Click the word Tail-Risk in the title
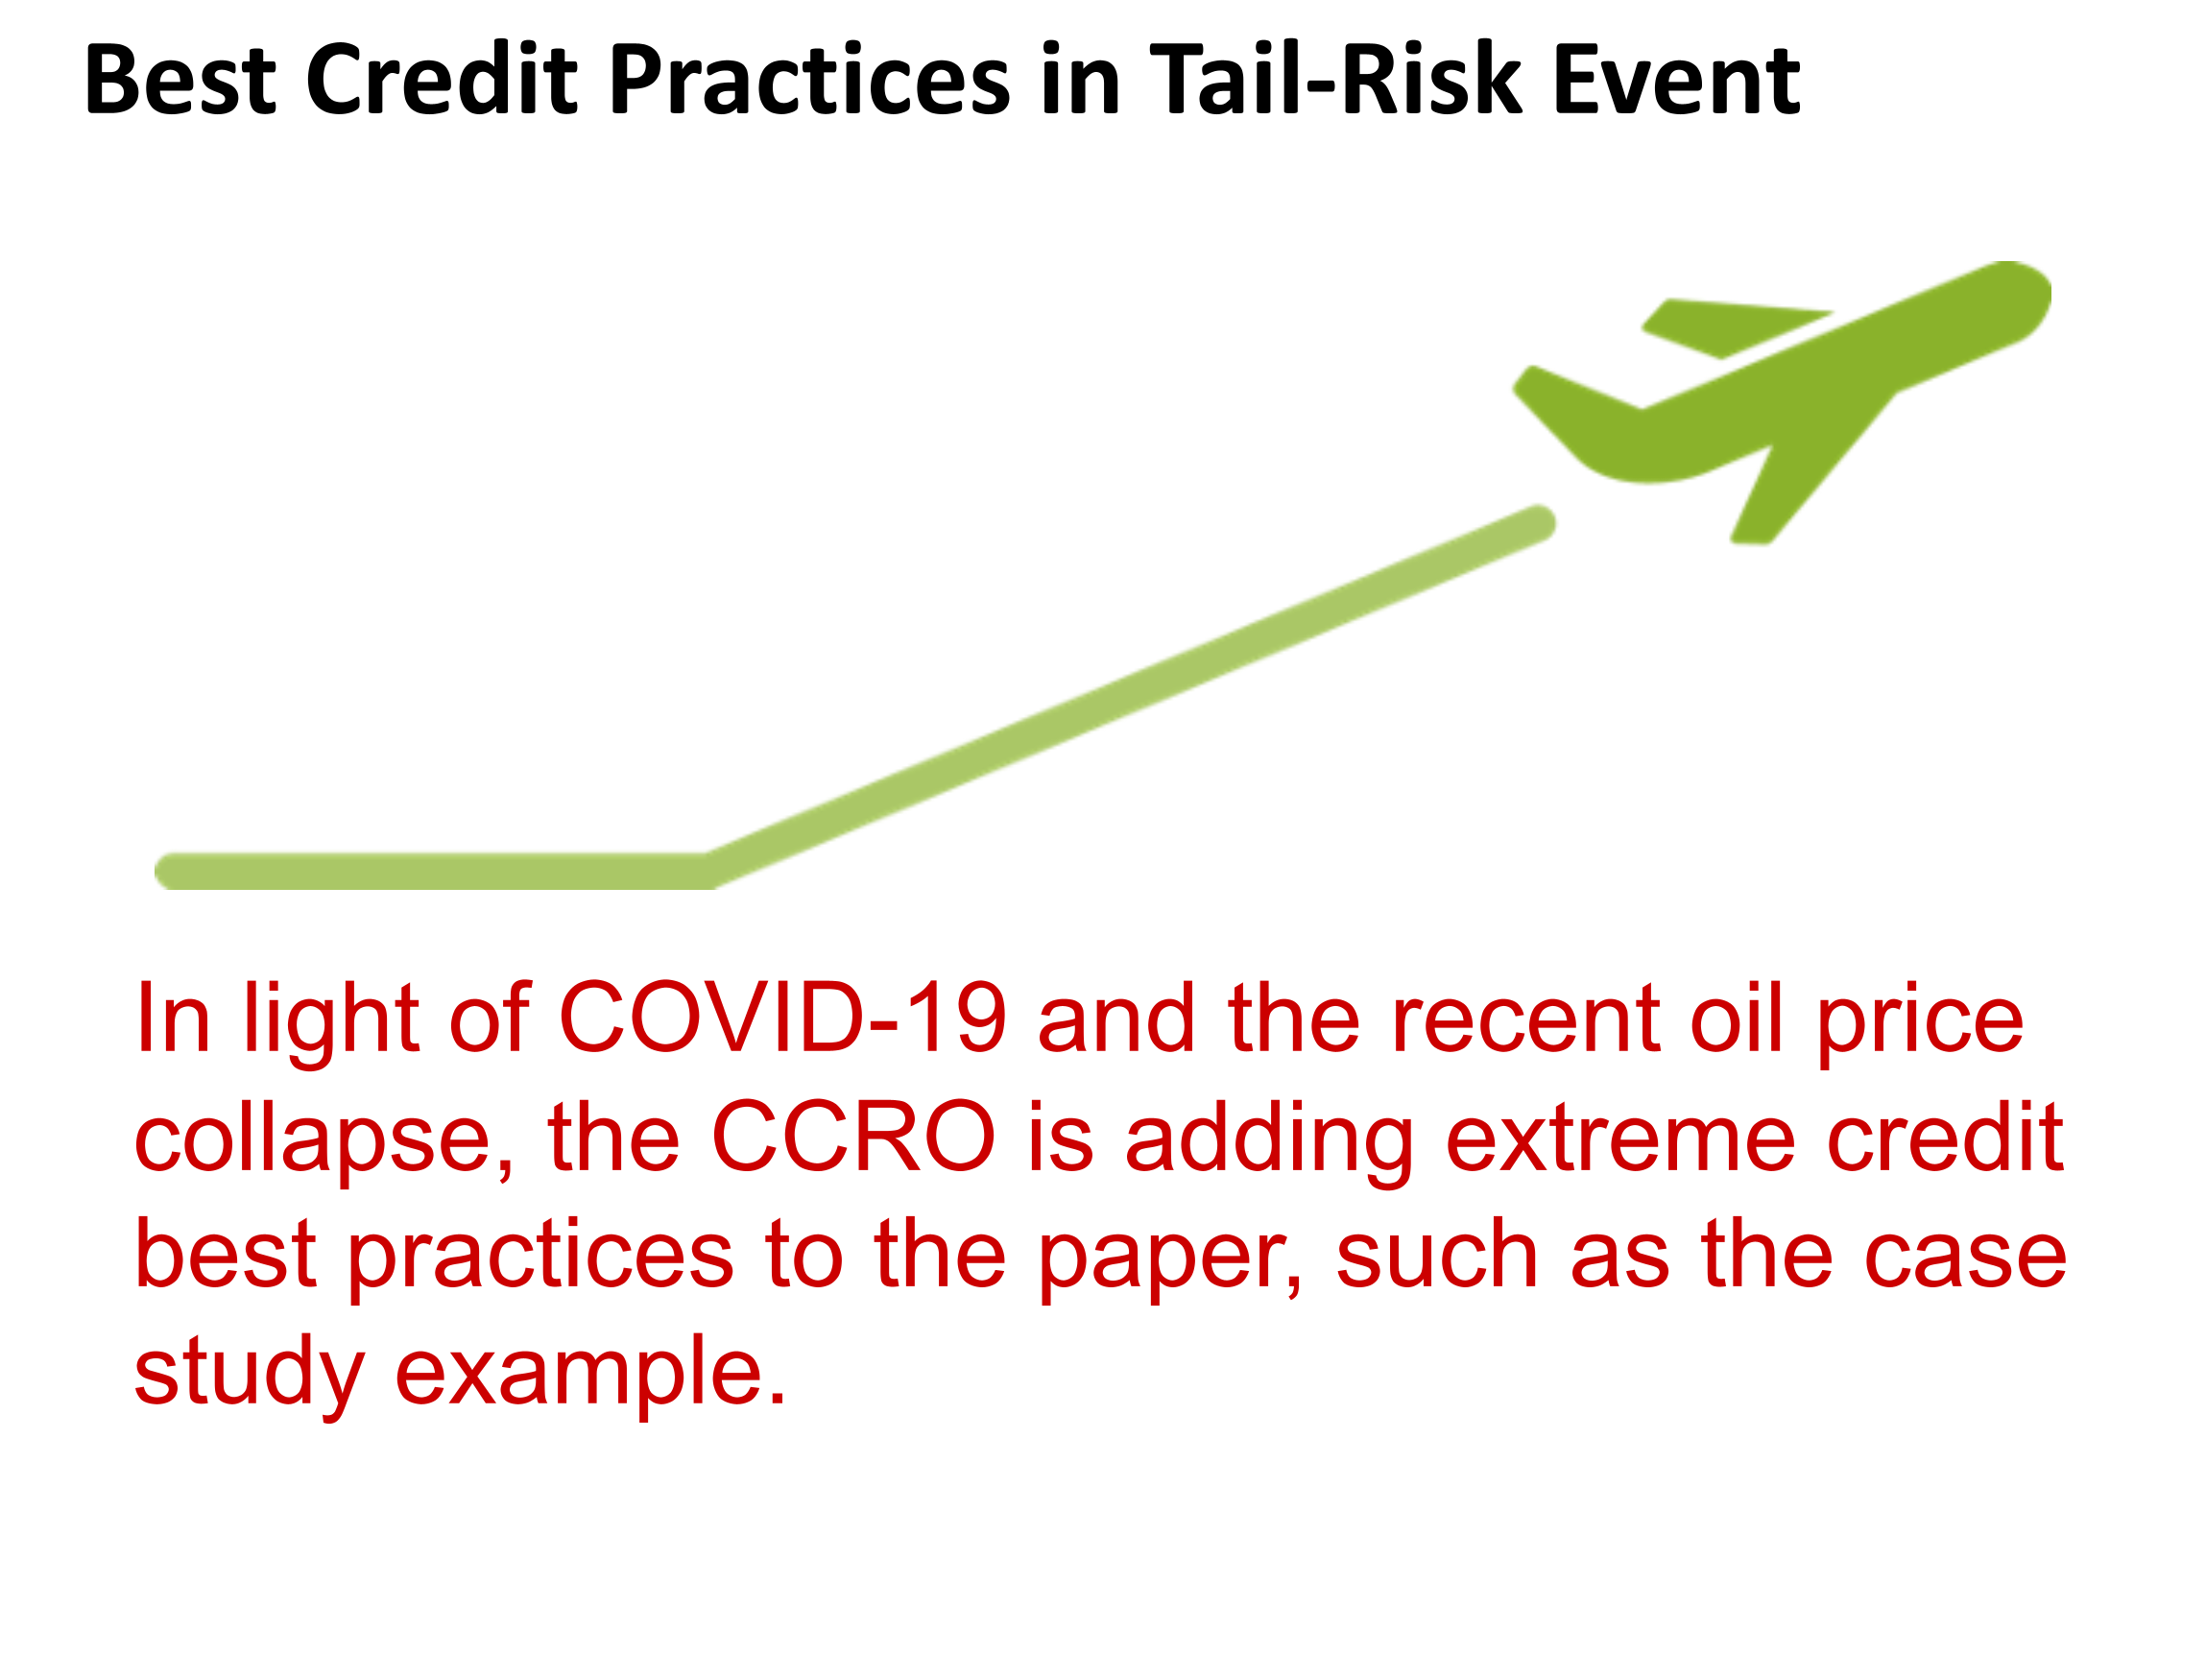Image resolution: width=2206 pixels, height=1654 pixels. [x=1337, y=80]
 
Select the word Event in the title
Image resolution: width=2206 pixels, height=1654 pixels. [x=1677, y=80]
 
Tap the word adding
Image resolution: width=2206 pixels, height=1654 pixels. [x=1269, y=1142]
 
